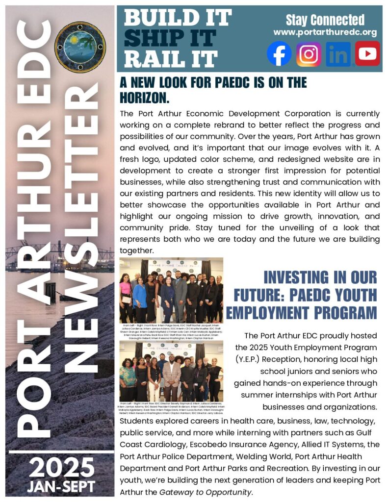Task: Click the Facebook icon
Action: tap(279, 54)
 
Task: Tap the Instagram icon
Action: tap(309, 54)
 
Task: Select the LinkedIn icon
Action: tap(338, 54)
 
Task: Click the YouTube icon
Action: tap(367, 54)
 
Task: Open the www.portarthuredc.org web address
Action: tap(325, 33)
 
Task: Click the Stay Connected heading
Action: tap(325, 20)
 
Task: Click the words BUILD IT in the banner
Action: tap(178, 18)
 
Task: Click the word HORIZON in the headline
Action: tap(140, 98)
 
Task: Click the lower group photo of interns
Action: tap(171, 371)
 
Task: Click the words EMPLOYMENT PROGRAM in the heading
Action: tap(301, 313)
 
